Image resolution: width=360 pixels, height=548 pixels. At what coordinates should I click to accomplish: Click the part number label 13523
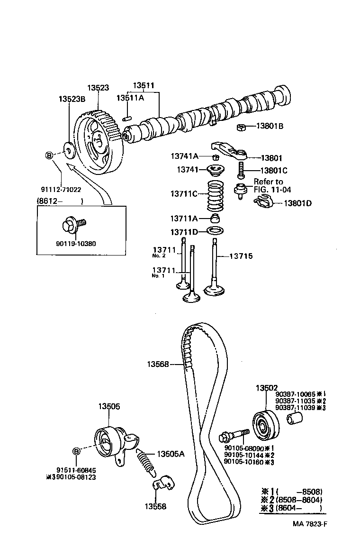point(98,88)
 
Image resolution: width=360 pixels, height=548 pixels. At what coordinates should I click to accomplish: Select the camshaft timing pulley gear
point(100,142)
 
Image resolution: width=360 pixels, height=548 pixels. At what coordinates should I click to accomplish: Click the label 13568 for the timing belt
point(158,364)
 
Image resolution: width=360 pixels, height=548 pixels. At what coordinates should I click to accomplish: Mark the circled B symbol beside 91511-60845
point(75,450)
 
